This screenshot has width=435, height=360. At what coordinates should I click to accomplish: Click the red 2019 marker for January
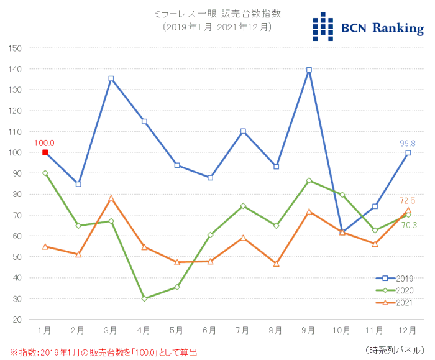[x=45, y=152]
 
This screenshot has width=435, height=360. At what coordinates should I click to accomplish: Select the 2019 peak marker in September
[x=309, y=70]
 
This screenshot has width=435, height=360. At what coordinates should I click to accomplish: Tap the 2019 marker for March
[x=111, y=79]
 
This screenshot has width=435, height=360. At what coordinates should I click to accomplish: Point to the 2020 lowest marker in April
[x=144, y=298]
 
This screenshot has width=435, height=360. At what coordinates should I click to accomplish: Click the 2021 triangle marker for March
[x=111, y=198]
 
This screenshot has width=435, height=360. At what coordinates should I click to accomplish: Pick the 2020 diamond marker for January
[x=45, y=173]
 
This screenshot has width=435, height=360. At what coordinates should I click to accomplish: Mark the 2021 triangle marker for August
[x=276, y=264]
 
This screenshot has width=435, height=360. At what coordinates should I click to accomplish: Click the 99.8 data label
[x=408, y=143]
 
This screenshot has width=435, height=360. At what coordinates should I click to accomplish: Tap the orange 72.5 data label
[x=408, y=201]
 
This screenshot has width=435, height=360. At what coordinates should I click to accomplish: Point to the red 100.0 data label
[x=45, y=143]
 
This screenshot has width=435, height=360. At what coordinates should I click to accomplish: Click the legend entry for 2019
[x=395, y=279]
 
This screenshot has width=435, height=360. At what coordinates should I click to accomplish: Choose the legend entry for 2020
[x=395, y=290]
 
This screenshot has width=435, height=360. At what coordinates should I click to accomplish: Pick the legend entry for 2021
[x=395, y=302]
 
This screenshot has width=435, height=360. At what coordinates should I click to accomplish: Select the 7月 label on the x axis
[x=243, y=328]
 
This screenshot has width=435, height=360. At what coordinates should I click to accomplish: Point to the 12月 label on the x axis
[x=408, y=328]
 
